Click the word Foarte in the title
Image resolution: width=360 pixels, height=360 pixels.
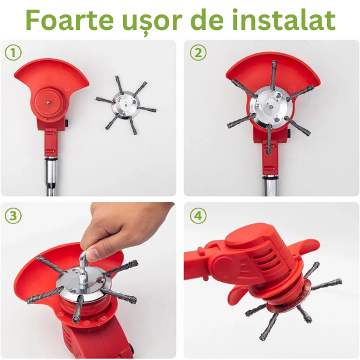[70, 20]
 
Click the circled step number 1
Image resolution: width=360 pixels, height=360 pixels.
[13, 53]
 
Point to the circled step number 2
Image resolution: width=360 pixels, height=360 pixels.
[198, 53]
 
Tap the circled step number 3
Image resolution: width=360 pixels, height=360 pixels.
[13, 216]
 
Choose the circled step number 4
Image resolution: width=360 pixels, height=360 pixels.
[198, 216]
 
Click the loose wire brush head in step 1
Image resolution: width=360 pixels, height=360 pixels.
[125, 105]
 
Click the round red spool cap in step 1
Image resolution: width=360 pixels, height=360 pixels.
[49, 101]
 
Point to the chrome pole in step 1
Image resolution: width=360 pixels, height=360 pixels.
[51, 176]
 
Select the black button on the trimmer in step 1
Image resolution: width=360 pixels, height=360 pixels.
[67, 123]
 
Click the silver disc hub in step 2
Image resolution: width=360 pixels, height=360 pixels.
[271, 107]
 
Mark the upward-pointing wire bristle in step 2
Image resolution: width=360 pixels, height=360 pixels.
[273, 74]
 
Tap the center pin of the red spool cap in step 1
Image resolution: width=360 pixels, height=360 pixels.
[48, 101]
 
